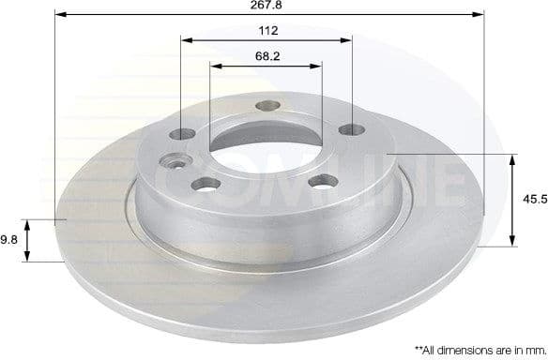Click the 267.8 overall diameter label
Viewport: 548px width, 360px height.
pos(271,5)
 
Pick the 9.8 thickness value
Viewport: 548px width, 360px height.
pos(8,240)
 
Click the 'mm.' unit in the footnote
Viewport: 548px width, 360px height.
pos(532,349)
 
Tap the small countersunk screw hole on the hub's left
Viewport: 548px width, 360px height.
pos(175,160)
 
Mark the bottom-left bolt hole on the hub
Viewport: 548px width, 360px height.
pos(206,182)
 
